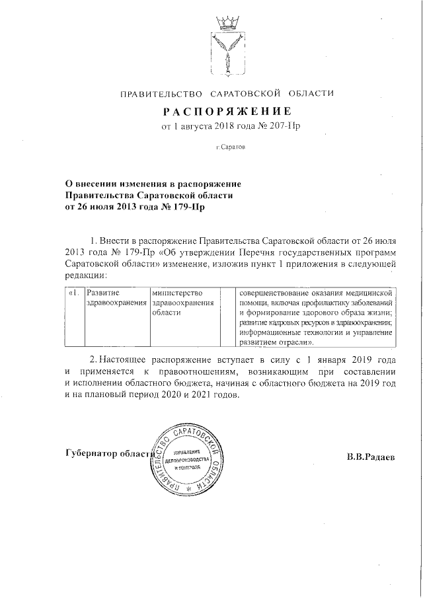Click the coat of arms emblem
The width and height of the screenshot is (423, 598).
pyautogui.click(x=226, y=44)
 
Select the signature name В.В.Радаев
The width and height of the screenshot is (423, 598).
pyautogui.click(x=371, y=457)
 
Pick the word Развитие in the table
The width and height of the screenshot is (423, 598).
pyautogui.click(x=103, y=292)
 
